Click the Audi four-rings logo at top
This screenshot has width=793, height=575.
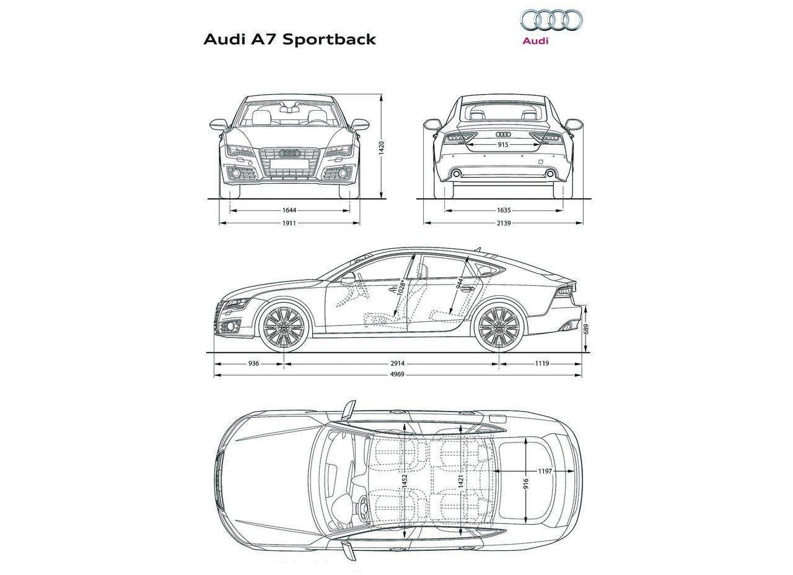(x=550, y=20)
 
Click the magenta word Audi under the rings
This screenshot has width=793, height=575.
(x=535, y=42)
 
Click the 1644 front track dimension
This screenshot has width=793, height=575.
(x=289, y=210)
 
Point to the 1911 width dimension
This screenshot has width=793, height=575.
(x=289, y=223)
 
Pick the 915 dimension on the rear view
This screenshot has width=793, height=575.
(x=502, y=144)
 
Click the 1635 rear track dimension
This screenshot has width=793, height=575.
(x=503, y=210)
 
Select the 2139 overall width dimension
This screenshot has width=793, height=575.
(x=503, y=223)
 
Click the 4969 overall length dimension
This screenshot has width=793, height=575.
(x=398, y=375)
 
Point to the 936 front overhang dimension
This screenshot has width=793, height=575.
(x=253, y=364)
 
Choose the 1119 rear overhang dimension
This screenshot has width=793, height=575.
(x=541, y=364)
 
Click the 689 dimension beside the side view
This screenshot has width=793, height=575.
(x=585, y=329)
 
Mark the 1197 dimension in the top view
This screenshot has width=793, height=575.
(x=545, y=471)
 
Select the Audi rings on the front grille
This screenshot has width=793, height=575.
(x=289, y=153)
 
